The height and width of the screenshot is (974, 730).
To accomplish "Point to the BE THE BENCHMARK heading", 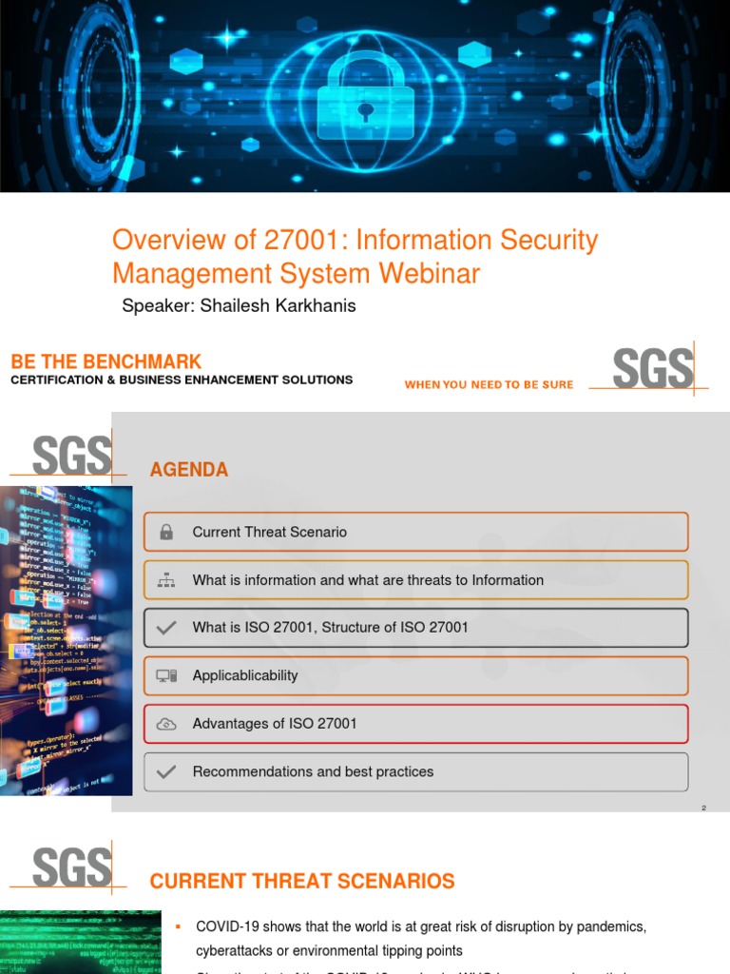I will [106, 361].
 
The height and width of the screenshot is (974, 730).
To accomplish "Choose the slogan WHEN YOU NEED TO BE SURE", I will [489, 384].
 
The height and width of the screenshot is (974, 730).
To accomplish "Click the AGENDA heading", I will [189, 470].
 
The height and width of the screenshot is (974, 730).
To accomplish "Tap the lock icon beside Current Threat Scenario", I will [166, 533].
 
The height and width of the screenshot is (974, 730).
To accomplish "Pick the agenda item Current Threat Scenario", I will [269, 533].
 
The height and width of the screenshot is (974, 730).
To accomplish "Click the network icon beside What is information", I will [166, 580].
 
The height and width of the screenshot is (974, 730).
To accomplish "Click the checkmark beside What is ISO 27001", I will [166, 628].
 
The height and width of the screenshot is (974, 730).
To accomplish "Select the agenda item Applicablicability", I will [245, 675].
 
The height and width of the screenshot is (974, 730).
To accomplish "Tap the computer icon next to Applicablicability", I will [166, 676].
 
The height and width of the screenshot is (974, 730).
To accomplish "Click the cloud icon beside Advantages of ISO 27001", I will [166, 724].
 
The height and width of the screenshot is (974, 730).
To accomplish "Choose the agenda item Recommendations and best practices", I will [313, 771].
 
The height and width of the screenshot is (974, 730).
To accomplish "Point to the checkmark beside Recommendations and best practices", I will [166, 772].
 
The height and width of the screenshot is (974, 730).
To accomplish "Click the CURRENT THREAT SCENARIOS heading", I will [302, 882].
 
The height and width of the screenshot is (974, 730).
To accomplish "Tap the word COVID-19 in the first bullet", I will [226, 926].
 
